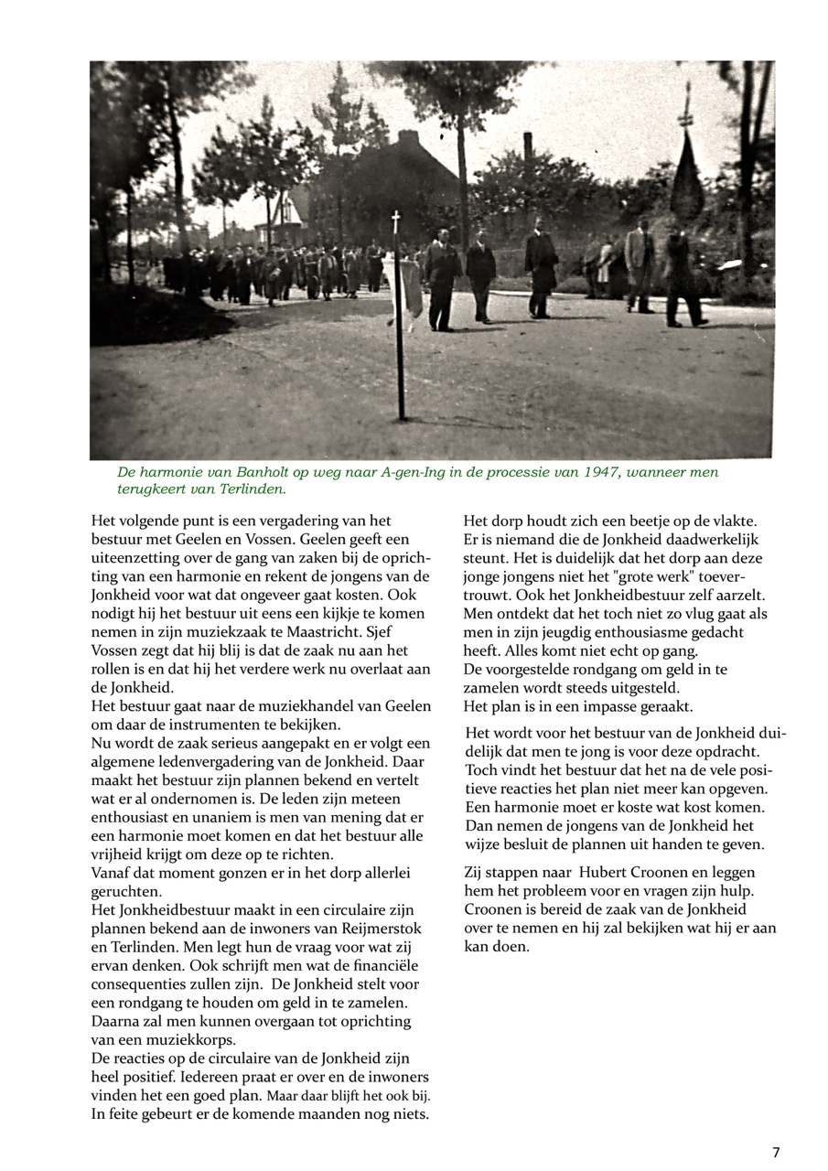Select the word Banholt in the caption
(x=238, y=473)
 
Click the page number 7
(x=776, y=1152)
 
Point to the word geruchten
(x=126, y=891)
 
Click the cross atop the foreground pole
(x=396, y=220)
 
